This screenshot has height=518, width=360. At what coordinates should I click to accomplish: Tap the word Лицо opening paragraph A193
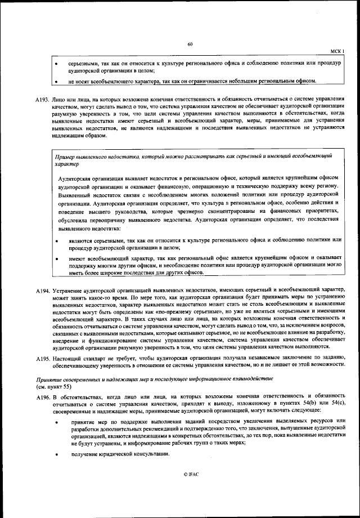(60, 99)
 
